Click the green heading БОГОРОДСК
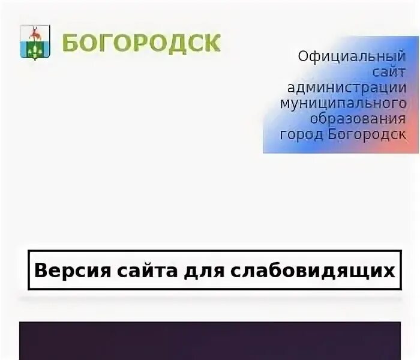(x=141, y=43)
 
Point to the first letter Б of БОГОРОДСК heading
(x=71, y=43)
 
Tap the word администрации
(x=346, y=88)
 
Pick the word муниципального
(x=343, y=103)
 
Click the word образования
(x=358, y=118)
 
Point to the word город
(x=302, y=134)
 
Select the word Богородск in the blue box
(x=367, y=133)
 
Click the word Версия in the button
(x=64, y=270)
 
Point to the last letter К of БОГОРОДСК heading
(x=212, y=43)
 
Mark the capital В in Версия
(x=40, y=270)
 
